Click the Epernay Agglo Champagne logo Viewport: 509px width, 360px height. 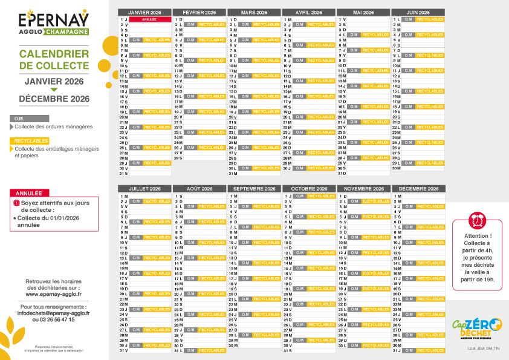[x=54, y=23]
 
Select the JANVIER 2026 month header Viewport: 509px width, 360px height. [x=144, y=12]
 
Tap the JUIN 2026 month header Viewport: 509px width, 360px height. [x=418, y=12]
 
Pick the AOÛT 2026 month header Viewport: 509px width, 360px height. [x=199, y=189]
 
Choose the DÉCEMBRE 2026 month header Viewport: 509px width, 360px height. [x=418, y=189]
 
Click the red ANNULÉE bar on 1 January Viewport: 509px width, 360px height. [x=149, y=19]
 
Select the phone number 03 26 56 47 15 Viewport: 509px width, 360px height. [x=54, y=319]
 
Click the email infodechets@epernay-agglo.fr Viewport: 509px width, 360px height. [x=54, y=313]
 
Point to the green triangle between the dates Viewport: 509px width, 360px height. [x=54, y=90]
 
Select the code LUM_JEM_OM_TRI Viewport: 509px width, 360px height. [x=483, y=349]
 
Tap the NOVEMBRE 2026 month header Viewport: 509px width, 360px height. [x=363, y=189]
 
